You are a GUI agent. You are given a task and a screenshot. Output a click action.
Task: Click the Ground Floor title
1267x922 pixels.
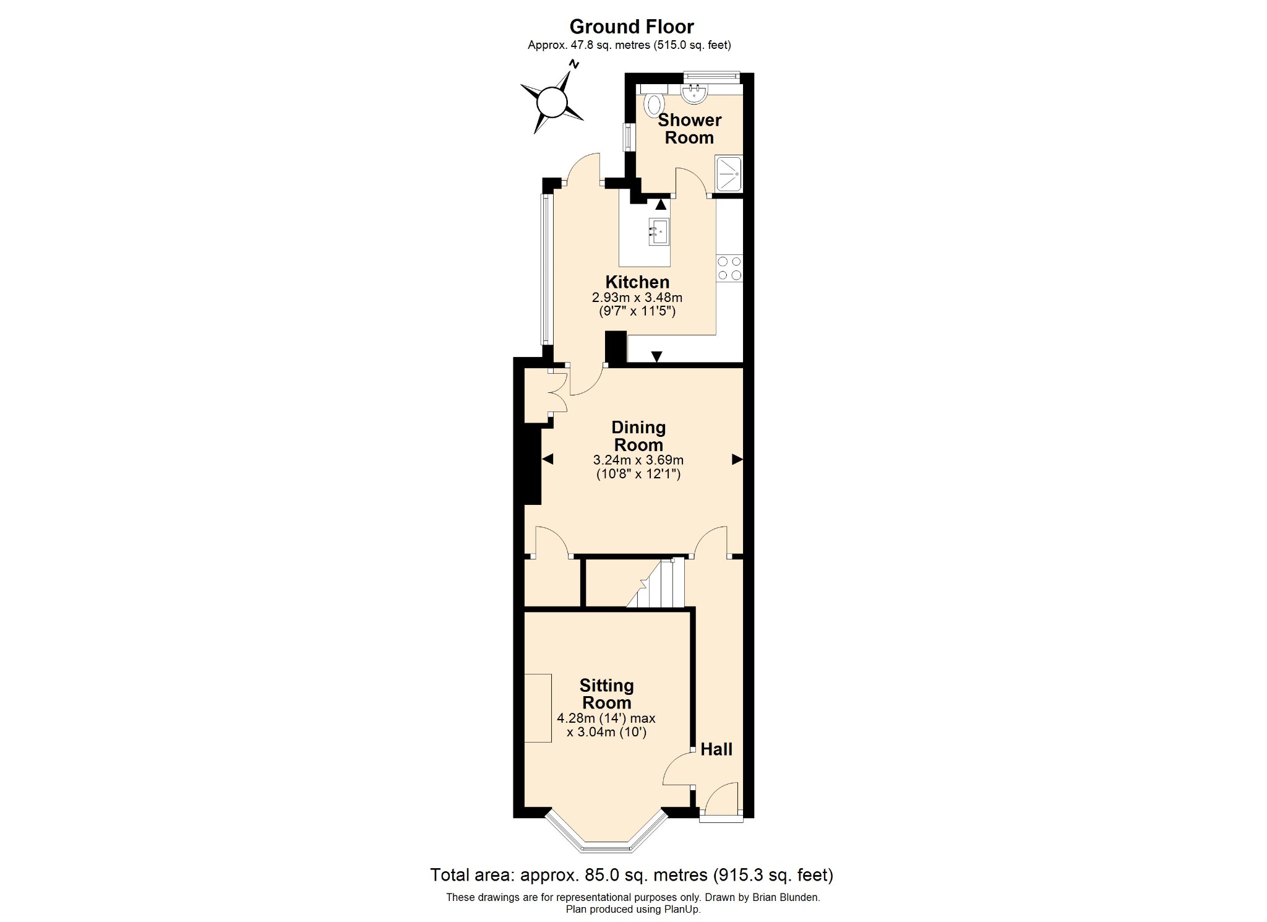coord(631,27)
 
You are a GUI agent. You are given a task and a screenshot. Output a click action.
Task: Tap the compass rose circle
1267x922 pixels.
coord(551,102)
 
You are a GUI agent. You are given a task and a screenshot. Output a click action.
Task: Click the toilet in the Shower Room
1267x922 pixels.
coord(653,105)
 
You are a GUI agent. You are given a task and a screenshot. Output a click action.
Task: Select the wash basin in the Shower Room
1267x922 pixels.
coord(694,94)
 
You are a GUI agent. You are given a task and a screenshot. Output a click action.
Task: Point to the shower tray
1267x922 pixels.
coord(728,174)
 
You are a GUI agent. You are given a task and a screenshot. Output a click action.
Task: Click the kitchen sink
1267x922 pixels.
coord(659,232)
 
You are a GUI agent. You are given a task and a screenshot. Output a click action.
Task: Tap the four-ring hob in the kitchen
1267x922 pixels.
coord(729,269)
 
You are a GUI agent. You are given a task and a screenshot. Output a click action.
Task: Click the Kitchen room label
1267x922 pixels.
coord(637,282)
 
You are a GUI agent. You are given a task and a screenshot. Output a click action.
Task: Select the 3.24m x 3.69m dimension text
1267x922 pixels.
coord(638,460)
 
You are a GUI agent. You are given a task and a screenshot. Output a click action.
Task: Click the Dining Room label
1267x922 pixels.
coord(638,436)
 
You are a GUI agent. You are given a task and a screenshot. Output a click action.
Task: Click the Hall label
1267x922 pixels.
coord(716,749)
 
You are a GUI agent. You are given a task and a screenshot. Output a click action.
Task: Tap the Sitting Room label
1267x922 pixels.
coord(606,694)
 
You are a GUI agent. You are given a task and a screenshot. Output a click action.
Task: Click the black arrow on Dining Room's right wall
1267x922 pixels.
coord(737,459)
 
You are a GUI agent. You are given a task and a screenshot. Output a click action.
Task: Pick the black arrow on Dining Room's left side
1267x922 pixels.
coord(548,459)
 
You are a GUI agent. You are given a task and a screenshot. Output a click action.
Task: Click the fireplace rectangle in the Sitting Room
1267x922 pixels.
coord(538,708)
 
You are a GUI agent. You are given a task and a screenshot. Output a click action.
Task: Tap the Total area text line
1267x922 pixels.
coord(632,874)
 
